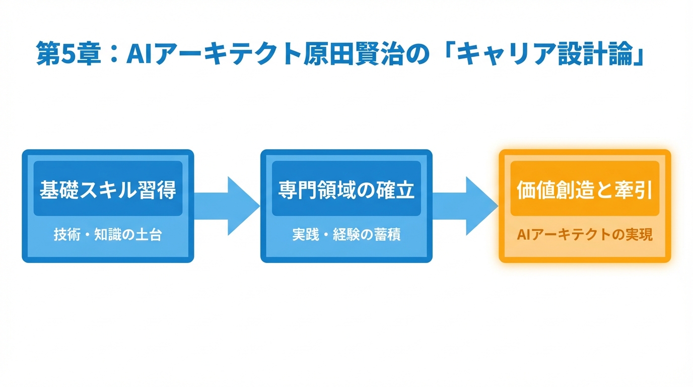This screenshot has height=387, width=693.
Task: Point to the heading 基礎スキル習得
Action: coord(108,190)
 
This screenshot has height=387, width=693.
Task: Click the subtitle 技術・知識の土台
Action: coord(108,235)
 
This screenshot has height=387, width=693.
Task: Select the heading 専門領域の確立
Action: coord(346,190)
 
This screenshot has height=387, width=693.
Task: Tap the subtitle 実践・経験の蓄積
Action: coord(346,235)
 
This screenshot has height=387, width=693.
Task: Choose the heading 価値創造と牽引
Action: coord(585,190)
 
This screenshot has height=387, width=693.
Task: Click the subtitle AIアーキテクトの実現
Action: coord(585,235)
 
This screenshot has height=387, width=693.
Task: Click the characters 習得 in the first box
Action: coord(159,190)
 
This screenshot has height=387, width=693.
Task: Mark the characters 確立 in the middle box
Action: coord(397,190)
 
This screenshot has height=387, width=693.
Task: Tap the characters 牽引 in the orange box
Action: coord(636,190)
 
